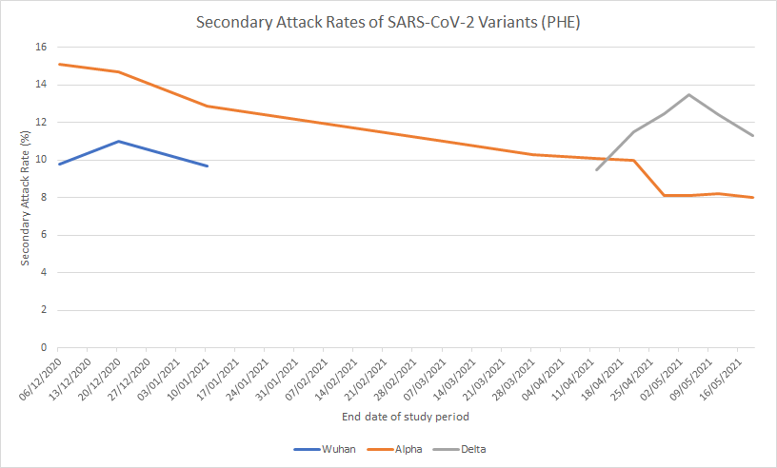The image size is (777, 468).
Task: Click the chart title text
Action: coord(388,23)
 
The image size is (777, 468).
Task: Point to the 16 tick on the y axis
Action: coord(41,47)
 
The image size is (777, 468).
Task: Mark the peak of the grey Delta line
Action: coord(688,94)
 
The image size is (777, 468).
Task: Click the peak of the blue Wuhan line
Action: coord(117,141)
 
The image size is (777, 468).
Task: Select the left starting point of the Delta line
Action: coord(597,169)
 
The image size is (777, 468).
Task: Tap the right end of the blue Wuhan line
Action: coord(208,166)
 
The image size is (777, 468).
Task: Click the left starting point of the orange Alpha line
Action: coord(59,64)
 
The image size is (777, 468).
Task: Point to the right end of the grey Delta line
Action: coord(754,135)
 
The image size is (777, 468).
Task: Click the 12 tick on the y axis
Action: coord(41,122)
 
